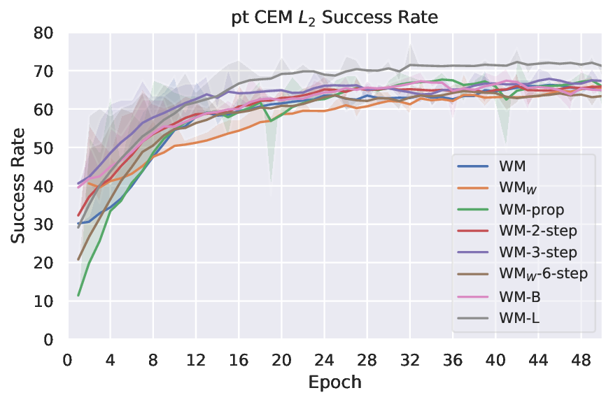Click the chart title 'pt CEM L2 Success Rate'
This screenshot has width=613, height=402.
334,17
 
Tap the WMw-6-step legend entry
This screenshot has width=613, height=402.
543,274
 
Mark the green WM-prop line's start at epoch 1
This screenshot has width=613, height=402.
78,295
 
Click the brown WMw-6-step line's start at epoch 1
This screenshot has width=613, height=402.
78,259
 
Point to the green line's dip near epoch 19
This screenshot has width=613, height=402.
271,121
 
